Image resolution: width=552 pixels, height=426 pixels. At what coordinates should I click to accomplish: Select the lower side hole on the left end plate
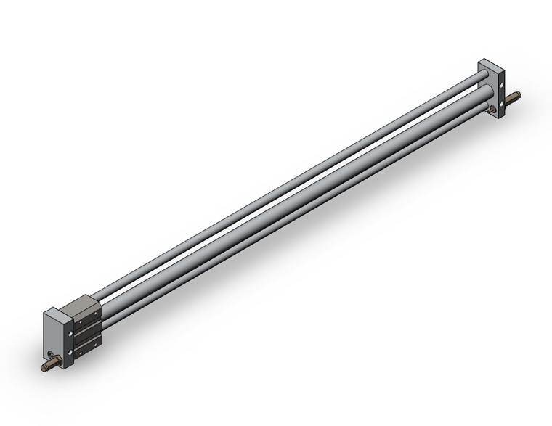[x=70, y=353]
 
